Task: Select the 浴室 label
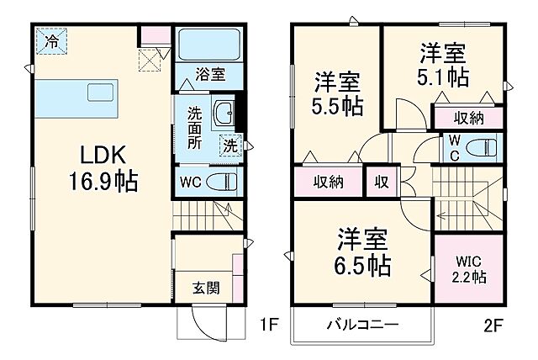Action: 211,75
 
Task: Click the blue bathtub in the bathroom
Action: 209,43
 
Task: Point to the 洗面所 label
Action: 194,127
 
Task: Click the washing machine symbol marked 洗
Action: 229,146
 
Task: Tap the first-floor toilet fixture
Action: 220,180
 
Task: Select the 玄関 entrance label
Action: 206,289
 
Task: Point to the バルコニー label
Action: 362,325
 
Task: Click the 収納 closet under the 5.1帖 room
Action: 470,119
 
